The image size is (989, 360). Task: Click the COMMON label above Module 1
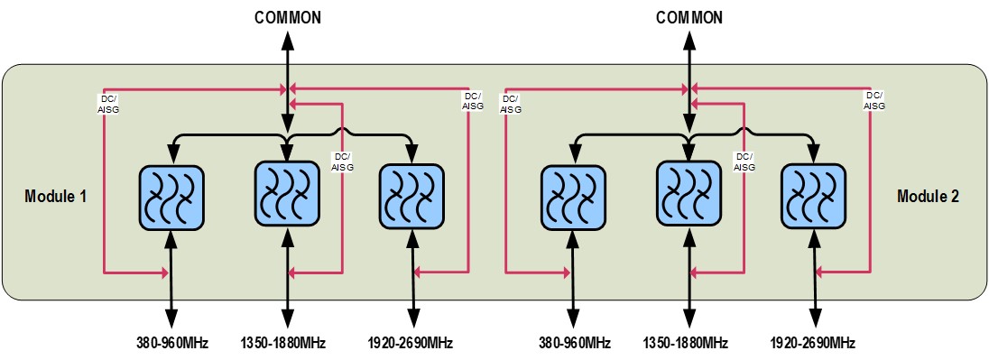288,18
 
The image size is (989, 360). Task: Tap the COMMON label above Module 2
689,18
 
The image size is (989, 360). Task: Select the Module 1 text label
56,196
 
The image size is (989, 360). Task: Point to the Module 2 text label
928,196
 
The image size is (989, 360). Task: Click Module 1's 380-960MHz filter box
171,197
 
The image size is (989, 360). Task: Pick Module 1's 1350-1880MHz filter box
286,193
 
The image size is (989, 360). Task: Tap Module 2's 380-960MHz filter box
573,197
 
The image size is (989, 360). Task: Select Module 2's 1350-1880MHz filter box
689,193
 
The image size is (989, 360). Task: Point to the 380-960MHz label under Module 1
171,344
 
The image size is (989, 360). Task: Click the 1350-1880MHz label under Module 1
283,344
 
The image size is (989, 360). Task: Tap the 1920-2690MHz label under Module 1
411,344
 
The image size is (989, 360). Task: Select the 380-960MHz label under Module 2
574,344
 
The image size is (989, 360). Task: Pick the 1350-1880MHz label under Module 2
686,344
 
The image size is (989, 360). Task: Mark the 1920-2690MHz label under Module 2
813,344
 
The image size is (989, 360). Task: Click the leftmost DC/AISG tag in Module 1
107,104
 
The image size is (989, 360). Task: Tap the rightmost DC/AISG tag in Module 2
873,101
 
